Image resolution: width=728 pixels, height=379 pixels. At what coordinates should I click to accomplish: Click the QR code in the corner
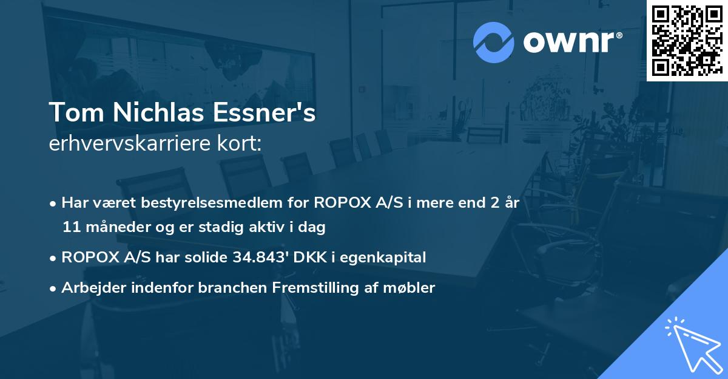[x=687, y=40]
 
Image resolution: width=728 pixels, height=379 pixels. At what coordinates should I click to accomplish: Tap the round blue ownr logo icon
[x=494, y=42]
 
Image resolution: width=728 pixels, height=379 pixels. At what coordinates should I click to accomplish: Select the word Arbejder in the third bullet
[x=90, y=288]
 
